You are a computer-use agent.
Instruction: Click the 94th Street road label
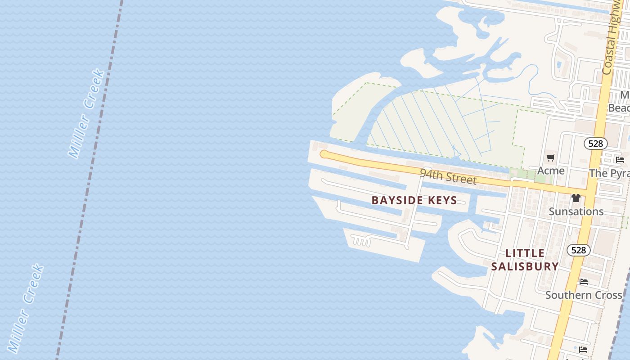[448, 176]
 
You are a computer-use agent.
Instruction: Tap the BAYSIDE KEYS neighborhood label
[414, 200]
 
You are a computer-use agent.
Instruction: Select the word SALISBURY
[525, 266]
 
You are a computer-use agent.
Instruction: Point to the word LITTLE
[525, 253]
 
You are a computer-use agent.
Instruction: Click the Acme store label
[551, 171]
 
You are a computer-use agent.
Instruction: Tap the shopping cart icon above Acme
[550, 157]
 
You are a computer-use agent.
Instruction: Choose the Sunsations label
[576, 211]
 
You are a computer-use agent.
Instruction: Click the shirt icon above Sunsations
[576, 198]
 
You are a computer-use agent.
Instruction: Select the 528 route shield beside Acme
[595, 144]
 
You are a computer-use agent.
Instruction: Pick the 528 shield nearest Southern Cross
[578, 250]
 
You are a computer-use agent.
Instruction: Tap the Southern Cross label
[583, 295]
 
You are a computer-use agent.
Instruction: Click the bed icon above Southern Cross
[584, 282]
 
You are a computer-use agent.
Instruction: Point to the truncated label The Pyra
[609, 173]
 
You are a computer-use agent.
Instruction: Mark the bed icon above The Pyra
[620, 159]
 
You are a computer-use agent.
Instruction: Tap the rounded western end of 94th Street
[324, 154]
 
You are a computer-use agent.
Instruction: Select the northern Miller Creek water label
[87, 113]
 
